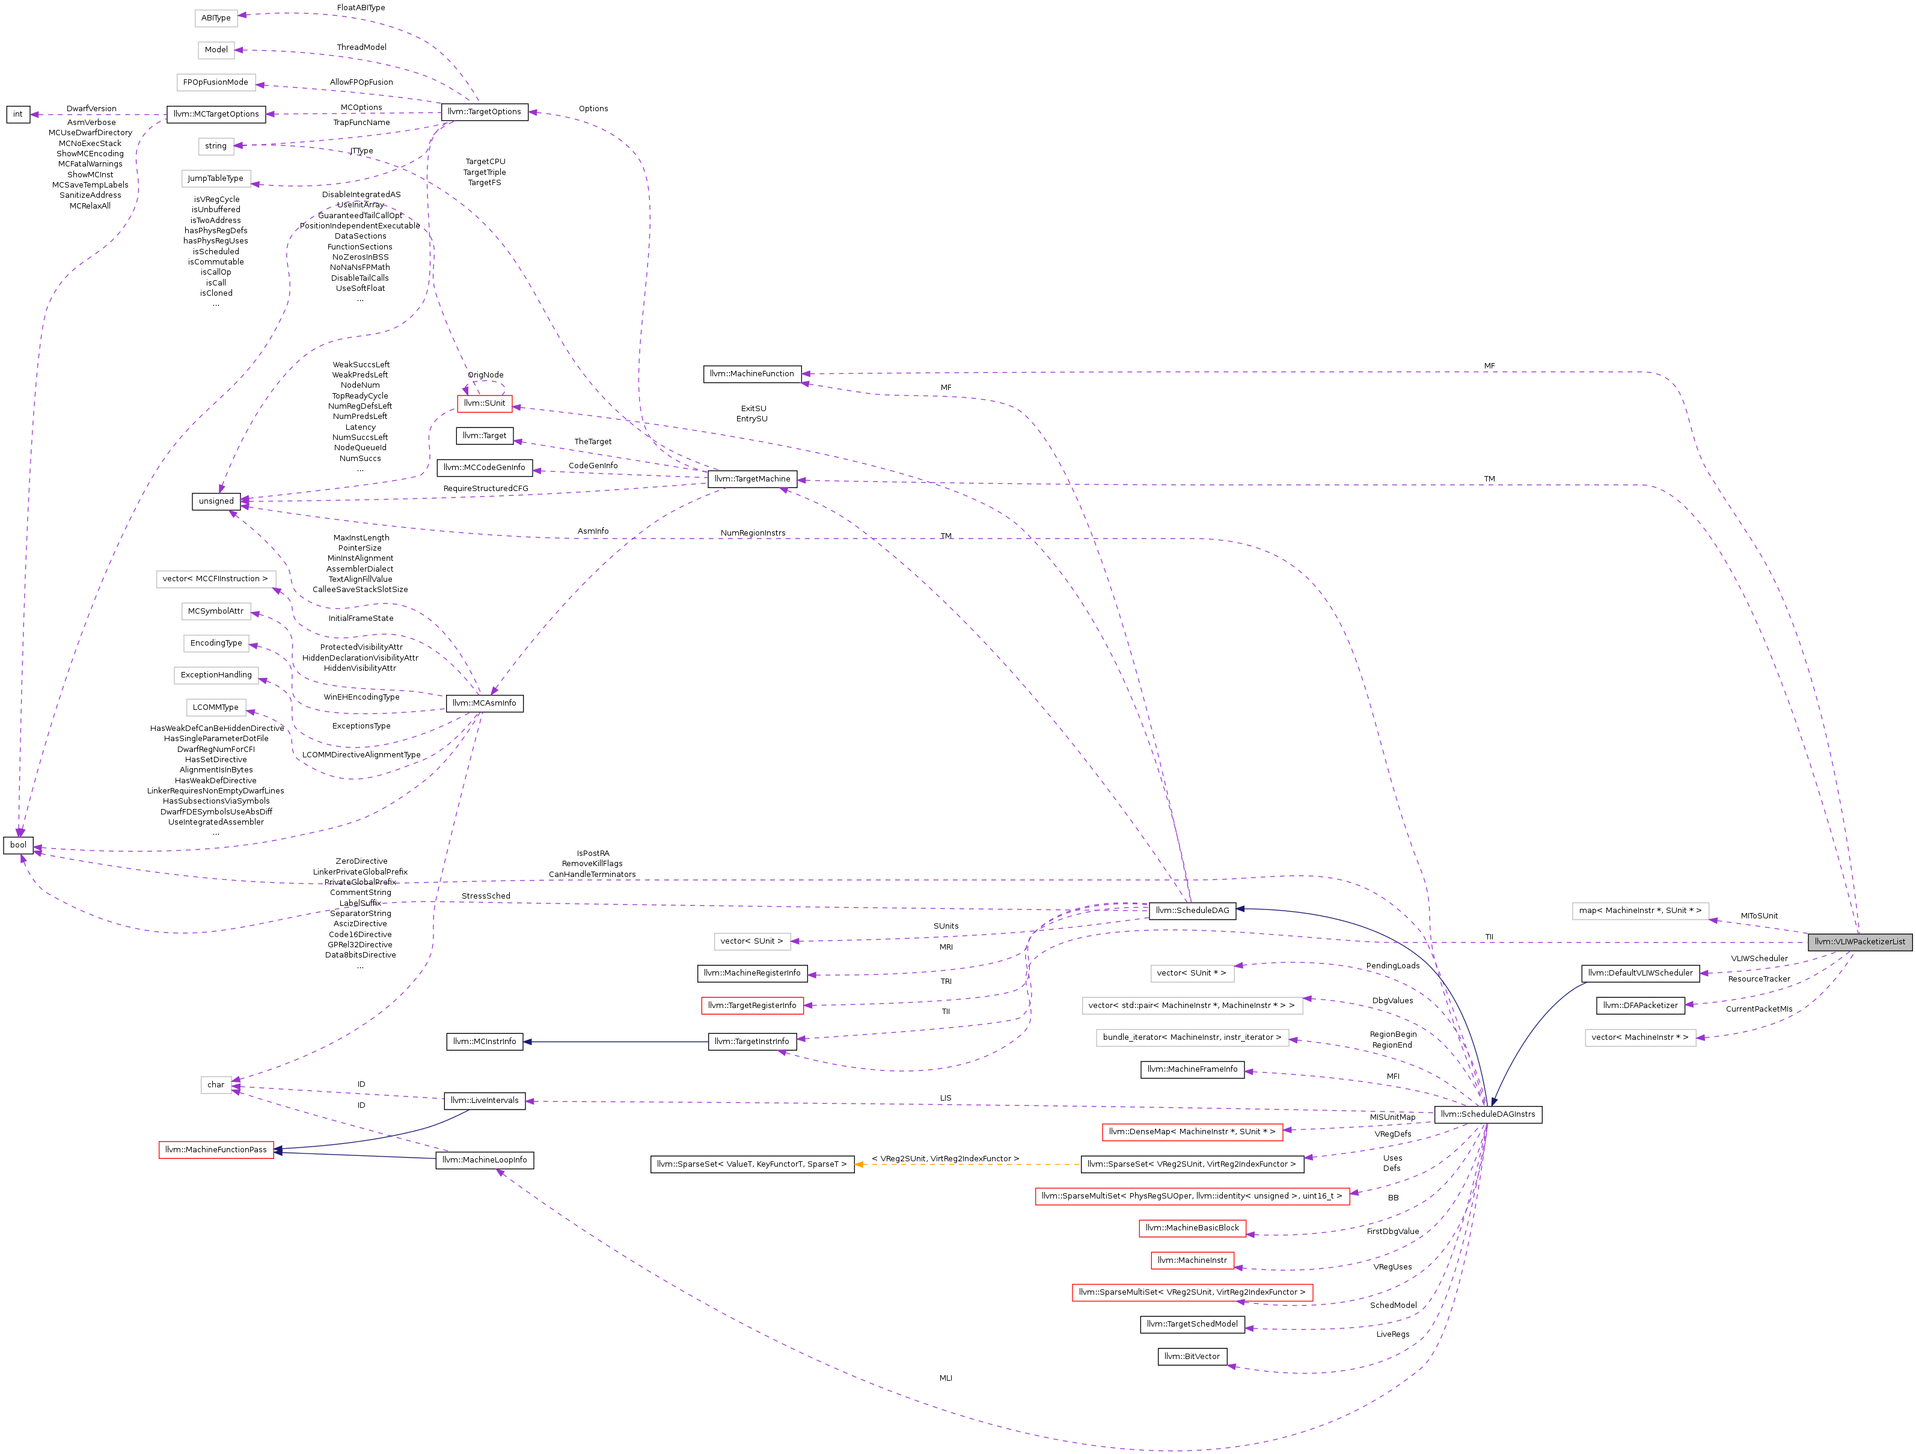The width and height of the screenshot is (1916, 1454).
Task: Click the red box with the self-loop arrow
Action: (x=484, y=405)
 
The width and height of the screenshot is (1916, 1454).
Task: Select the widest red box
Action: (x=1192, y=1197)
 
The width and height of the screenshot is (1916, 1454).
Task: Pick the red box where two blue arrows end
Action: (x=216, y=1149)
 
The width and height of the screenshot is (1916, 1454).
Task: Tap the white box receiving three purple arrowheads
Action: (x=216, y=1085)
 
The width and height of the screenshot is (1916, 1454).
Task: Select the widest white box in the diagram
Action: (x=1192, y=1006)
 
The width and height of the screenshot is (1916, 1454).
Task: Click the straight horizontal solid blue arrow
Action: (x=616, y=1042)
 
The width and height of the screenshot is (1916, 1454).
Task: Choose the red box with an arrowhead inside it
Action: (x=1192, y=1293)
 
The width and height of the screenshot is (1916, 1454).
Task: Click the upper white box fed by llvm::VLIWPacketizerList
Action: (x=1639, y=911)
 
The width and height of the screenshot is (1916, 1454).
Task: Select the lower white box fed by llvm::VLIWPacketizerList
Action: (x=1639, y=1037)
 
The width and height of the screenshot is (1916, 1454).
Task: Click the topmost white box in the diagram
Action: (x=216, y=18)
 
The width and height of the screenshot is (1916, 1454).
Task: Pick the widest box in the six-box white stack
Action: (x=216, y=82)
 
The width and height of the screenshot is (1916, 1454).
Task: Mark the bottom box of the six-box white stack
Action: (x=216, y=179)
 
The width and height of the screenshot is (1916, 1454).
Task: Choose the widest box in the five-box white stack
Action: (x=216, y=579)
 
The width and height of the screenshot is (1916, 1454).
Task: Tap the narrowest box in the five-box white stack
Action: (x=216, y=707)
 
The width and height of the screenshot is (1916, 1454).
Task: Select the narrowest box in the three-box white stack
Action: (x=1192, y=973)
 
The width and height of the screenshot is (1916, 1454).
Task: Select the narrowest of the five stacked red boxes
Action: (x=1192, y=1261)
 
